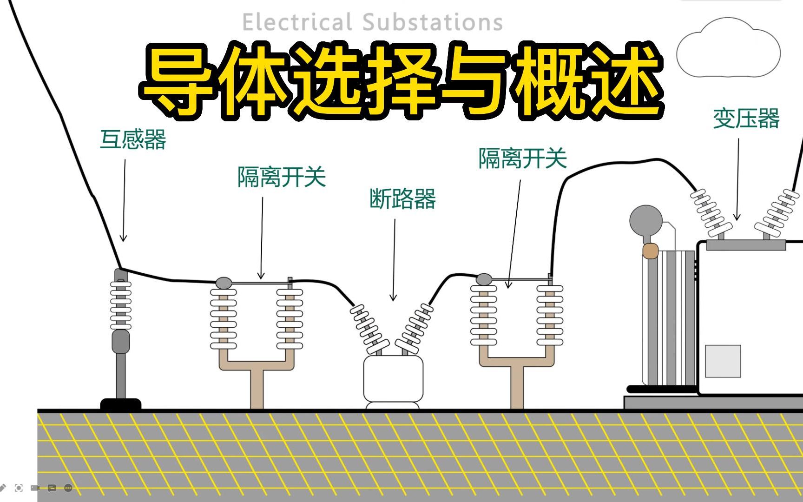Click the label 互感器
pos(133,139)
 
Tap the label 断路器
pos(402,199)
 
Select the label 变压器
pos(746,119)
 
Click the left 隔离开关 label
pos(282,177)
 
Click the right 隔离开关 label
pos(523,159)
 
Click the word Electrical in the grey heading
pos(297,22)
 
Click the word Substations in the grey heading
pos(433,22)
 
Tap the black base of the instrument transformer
pos(121,404)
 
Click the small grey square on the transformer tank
pos(723,361)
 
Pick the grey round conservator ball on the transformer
pos(646,221)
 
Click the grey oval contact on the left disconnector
pos(224,283)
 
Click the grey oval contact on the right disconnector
pos(484,279)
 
